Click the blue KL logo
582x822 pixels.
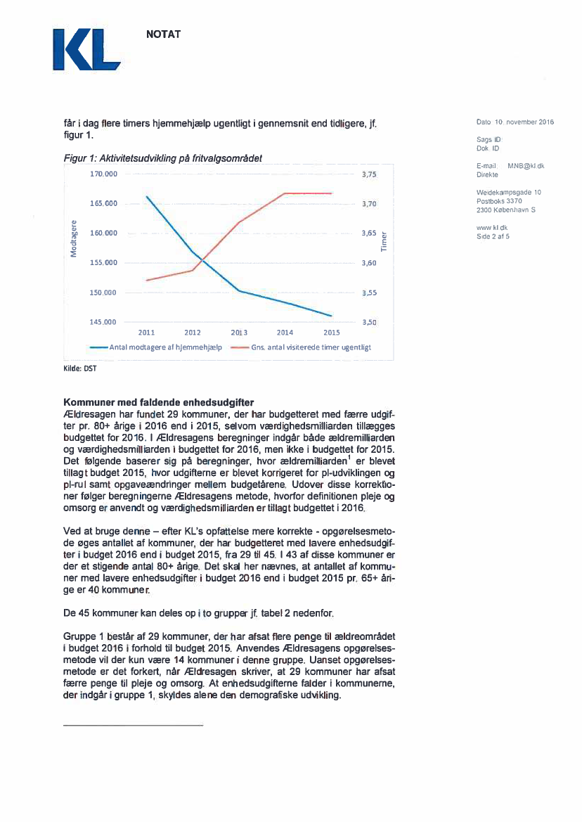click(x=86, y=50)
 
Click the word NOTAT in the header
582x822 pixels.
click(x=163, y=34)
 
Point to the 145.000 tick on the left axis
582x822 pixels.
click(x=102, y=322)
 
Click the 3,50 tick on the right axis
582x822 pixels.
click(x=370, y=322)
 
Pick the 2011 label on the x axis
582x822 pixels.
click(x=146, y=333)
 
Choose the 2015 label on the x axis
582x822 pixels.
click(x=331, y=333)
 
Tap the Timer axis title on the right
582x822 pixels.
click(x=384, y=242)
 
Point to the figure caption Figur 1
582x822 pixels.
click(x=162, y=159)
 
